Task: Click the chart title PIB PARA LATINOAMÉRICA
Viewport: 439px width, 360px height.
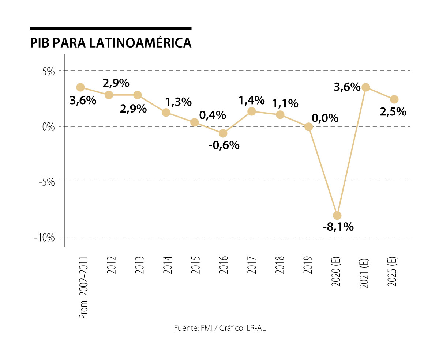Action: coord(110,42)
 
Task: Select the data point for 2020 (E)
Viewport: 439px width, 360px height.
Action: coord(337,215)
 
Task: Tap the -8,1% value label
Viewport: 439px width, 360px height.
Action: coord(338,227)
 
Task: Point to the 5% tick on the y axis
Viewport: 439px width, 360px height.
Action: coord(48,71)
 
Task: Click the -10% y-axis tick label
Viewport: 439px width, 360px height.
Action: coord(44,238)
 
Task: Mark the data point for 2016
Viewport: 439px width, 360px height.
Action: coord(223,133)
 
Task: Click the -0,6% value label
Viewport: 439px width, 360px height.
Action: coord(224,145)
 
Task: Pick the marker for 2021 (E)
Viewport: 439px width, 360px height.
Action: coord(365,87)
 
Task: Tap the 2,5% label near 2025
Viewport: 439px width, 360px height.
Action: coord(393,111)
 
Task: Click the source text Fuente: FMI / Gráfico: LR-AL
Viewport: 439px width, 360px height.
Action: coord(219,328)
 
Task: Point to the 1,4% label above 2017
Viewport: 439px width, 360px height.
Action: coord(252,100)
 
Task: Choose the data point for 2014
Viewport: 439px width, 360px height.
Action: coord(166,112)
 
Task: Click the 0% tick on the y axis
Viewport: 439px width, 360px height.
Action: coord(48,127)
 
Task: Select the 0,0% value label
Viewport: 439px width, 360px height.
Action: coord(325,118)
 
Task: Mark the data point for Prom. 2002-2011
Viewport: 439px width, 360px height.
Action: coord(80,87)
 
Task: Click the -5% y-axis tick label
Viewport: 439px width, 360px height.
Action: coord(46,182)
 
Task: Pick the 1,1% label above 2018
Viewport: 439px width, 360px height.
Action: coord(285,103)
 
